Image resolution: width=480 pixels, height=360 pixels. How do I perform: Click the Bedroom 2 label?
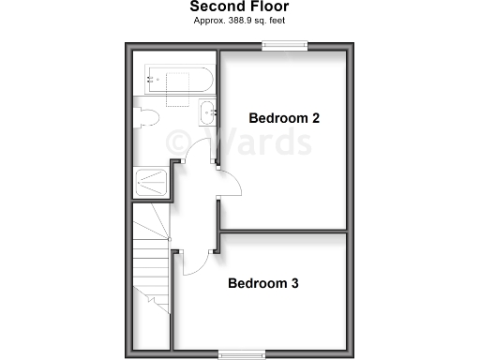coord(284,118)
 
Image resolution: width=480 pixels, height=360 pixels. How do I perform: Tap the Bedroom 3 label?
coord(264,283)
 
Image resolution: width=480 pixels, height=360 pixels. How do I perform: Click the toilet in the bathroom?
coord(145,118)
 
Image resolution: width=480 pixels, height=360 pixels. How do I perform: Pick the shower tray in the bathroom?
coord(153,182)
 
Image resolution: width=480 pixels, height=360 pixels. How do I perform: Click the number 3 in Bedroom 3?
coord(294,283)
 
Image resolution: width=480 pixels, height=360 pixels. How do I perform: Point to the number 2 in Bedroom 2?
coord(316,118)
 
